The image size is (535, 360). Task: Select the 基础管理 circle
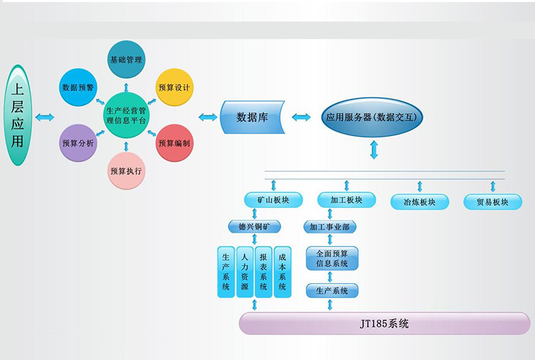(x=125, y=59)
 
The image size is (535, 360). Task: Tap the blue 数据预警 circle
(x=78, y=87)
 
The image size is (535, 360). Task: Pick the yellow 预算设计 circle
(x=174, y=87)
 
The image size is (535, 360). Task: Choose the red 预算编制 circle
(x=174, y=143)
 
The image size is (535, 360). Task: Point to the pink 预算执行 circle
(x=126, y=171)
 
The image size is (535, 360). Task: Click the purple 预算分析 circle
(x=78, y=143)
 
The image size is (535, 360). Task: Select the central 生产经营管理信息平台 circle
(x=126, y=115)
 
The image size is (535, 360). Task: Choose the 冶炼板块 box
(x=419, y=202)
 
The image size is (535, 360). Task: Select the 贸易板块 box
(x=492, y=202)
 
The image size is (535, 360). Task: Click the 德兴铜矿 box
(x=255, y=227)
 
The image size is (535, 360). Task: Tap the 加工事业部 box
(x=329, y=227)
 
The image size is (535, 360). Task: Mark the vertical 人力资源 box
(x=244, y=272)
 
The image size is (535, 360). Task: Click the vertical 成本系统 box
(x=282, y=272)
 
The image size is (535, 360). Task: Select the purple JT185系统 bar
(x=385, y=324)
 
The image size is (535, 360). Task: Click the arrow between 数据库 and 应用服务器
(x=301, y=117)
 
